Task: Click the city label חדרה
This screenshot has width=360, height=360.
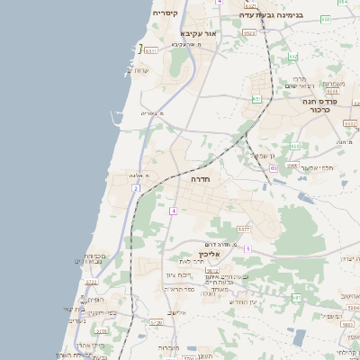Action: (200, 180)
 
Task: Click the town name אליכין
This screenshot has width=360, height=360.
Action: (210, 255)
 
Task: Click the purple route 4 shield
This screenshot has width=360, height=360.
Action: (172, 210)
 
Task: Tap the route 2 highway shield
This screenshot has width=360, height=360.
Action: (136, 188)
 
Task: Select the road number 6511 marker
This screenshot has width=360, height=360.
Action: (151, 50)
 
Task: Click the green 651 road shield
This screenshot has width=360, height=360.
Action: (257, 99)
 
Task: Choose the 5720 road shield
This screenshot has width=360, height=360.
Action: (156, 322)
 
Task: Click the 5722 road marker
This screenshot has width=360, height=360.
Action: (92, 282)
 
